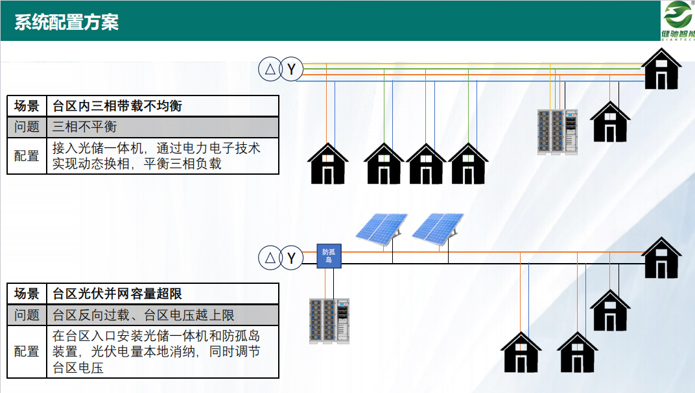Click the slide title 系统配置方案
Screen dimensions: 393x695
point(67,21)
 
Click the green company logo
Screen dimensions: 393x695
point(677,19)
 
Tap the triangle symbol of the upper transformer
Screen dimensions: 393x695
point(269,69)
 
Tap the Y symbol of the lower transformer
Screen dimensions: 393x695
point(292,259)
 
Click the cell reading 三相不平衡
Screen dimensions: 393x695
point(162,127)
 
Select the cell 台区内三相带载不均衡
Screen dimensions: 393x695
point(162,106)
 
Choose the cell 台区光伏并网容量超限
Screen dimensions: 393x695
point(162,294)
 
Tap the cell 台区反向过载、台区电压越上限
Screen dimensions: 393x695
point(162,315)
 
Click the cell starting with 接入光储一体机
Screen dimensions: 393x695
point(162,156)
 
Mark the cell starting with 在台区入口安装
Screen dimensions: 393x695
point(162,351)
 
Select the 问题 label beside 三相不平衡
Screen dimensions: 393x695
point(27,127)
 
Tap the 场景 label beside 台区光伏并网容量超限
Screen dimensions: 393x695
point(27,294)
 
